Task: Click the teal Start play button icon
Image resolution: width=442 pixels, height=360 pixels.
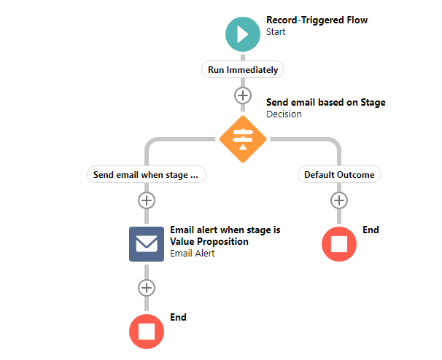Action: click(243, 34)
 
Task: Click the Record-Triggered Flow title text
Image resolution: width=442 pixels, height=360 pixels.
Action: click(317, 20)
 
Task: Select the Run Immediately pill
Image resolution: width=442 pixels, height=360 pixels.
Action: click(243, 70)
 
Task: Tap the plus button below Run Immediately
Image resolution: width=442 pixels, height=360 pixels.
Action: click(243, 95)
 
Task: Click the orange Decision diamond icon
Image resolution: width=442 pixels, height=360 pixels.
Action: click(243, 139)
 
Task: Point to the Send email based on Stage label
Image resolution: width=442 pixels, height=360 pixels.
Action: click(325, 103)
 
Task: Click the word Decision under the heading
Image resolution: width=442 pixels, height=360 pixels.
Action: click(284, 114)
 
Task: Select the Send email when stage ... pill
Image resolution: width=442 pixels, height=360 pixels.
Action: click(146, 175)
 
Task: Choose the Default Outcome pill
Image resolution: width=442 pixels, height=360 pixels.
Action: click(339, 175)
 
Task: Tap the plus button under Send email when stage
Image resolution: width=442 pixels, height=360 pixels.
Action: click(147, 200)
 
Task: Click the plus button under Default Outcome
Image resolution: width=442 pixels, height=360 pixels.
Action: click(339, 200)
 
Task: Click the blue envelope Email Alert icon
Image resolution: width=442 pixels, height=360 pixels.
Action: click(147, 244)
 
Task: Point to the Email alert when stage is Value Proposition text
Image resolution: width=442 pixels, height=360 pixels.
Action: click(225, 235)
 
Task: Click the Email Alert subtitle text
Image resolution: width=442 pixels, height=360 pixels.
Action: click(192, 254)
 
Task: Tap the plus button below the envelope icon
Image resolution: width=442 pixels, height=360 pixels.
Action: click(147, 287)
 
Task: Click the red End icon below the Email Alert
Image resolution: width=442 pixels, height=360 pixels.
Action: click(147, 331)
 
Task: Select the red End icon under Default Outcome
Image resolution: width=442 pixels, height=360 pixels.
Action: click(339, 243)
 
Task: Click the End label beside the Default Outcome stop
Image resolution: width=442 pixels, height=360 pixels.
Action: click(371, 230)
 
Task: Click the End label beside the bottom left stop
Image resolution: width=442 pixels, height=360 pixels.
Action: click(178, 318)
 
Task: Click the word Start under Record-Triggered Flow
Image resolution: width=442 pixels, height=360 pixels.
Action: click(276, 32)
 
